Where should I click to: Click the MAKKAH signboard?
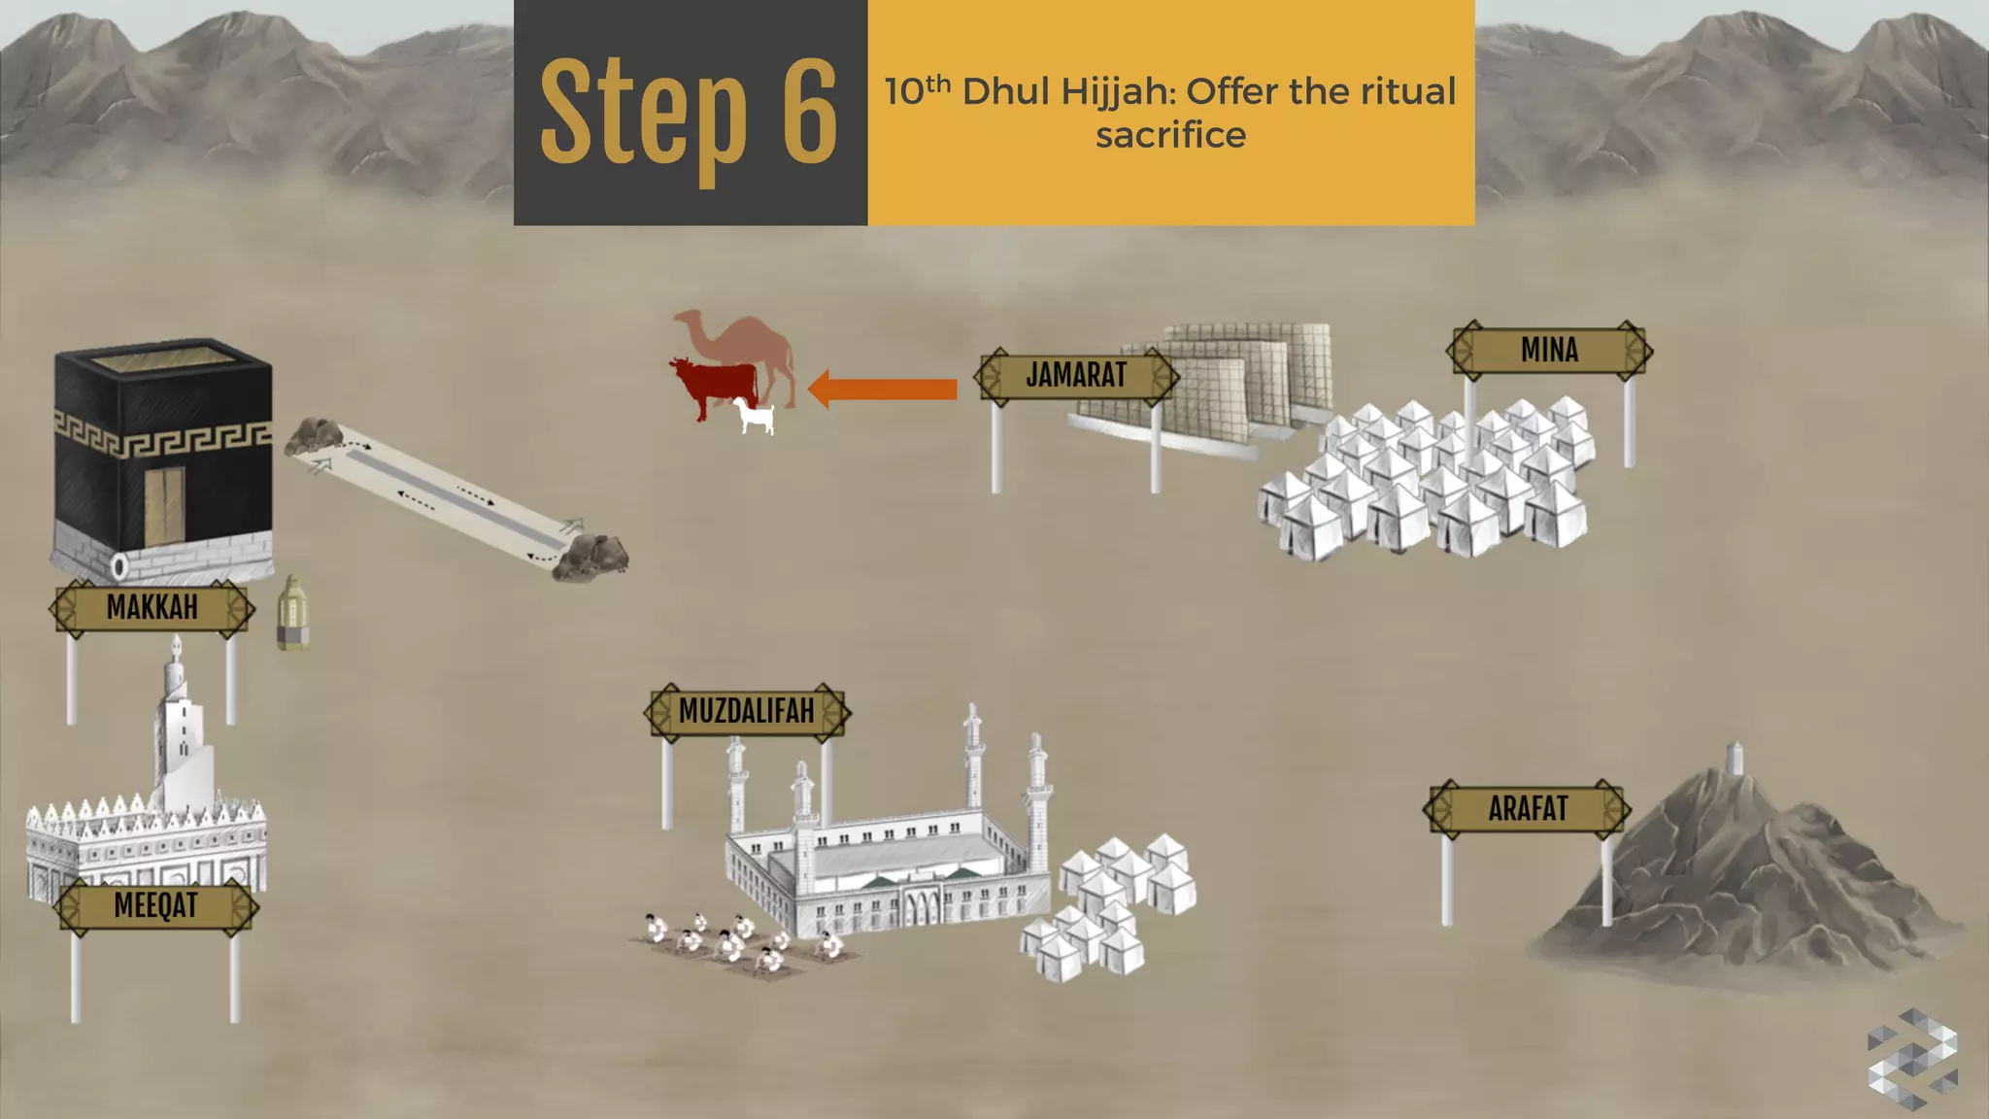(x=152, y=608)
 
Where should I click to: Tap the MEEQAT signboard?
(x=155, y=906)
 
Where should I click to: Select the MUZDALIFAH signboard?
(x=746, y=712)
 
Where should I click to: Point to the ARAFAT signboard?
(x=1528, y=809)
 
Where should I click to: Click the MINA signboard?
(x=1549, y=350)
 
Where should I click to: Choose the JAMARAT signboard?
(x=1076, y=376)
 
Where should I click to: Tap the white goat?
(x=756, y=416)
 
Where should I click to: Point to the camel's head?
(x=688, y=320)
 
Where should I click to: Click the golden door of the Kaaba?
(x=164, y=505)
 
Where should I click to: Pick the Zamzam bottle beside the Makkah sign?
(x=292, y=613)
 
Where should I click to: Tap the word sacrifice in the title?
(x=1170, y=136)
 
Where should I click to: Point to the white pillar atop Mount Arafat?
(x=1736, y=759)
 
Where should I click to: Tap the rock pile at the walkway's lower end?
(x=590, y=558)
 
